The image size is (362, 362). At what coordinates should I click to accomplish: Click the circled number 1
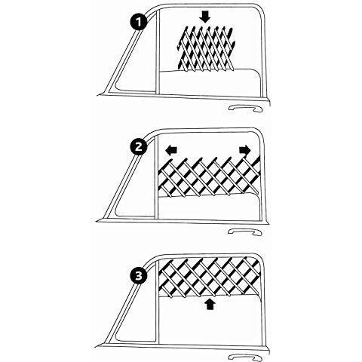click(138, 22)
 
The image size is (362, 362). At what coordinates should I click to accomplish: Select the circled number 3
click(138, 277)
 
